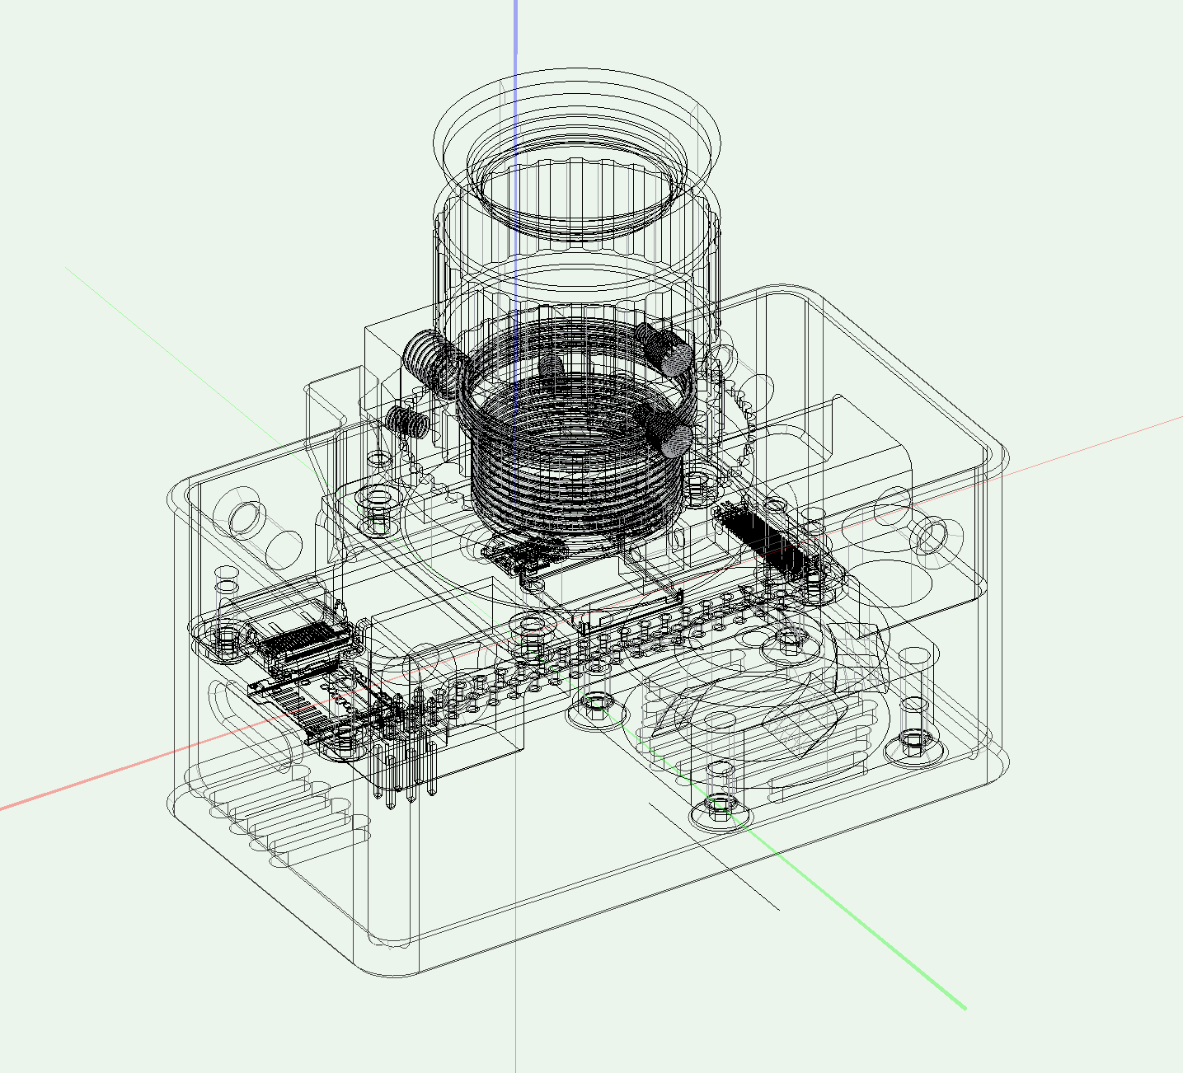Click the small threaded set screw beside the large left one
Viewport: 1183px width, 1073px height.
406,421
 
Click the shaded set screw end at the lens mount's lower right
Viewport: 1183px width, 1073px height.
676,440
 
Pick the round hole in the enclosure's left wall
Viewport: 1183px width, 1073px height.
246,518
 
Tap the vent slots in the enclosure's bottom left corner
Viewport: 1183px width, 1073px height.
280,816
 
